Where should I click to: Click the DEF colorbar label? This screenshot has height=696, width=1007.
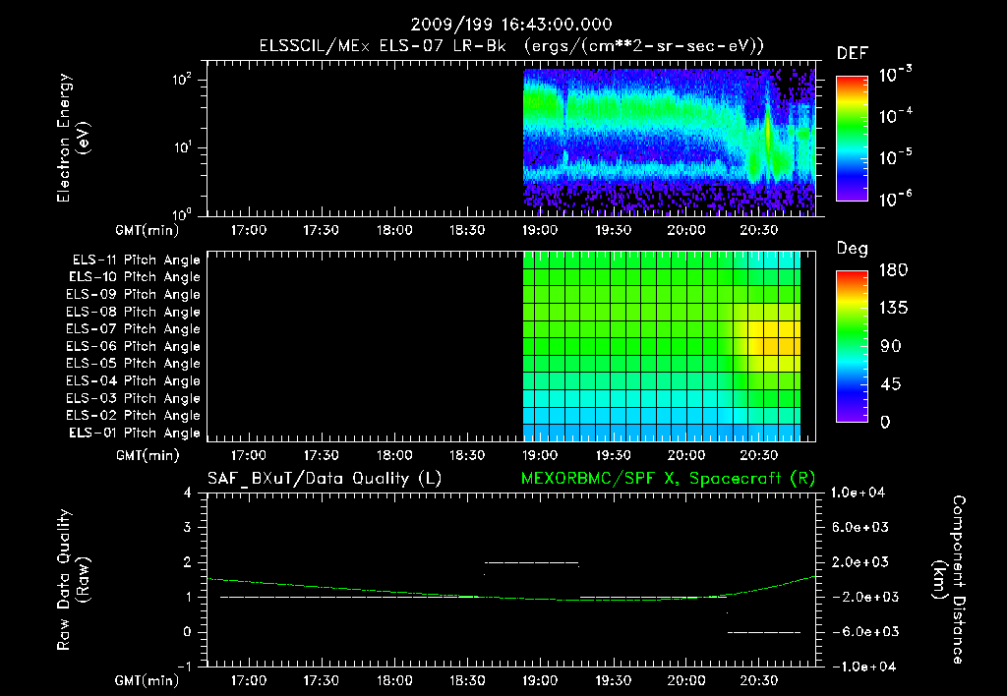pyautogui.click(x=852, y=53)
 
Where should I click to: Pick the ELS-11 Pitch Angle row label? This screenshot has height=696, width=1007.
pyautogui.click(x=136, y=261)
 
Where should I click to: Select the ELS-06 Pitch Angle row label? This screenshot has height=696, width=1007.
pyautogui.click(x=136, y=346)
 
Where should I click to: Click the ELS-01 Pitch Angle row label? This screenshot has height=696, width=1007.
pyautogui.click(x=136, y=433)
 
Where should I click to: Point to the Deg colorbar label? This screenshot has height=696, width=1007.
pyautogui.click(x=852, y=249)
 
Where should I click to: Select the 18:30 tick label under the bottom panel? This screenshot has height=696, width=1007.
pyautogui.click(x=466, y=678)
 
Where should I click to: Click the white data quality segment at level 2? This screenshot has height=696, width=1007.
pyautogui.click(x=531, y=562)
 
